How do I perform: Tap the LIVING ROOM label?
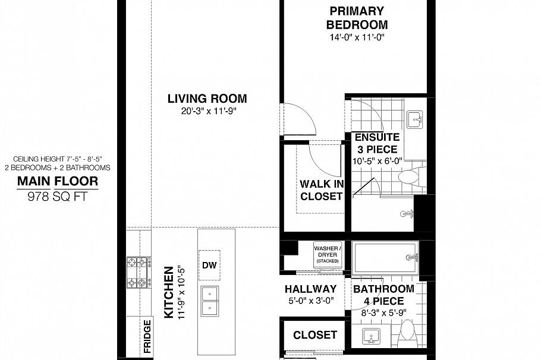tap(207, 99)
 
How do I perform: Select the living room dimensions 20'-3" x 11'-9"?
tap(207, 110)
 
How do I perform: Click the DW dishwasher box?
tap(209, 266)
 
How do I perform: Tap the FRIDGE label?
tap(147, 336)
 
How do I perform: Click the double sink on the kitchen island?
tap(209, 299)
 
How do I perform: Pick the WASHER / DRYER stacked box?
tap(328, 254)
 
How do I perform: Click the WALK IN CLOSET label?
tap(322, 190)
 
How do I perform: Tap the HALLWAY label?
tap(310, 289)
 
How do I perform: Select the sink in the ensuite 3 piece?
tap(415, 120)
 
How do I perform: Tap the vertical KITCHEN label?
tap(168, 292)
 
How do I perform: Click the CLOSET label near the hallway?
tap(315, 336)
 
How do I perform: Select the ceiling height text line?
tap(57, 159)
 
